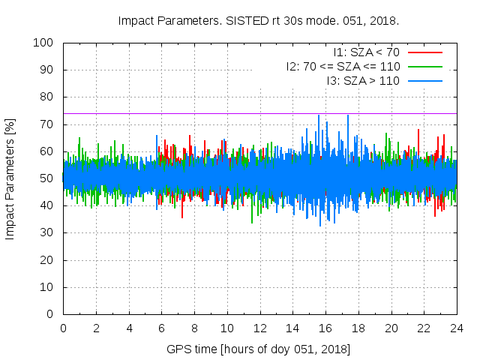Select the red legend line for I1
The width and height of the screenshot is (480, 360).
[x=425, y=52]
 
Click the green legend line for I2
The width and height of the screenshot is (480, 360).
[x=425, y=67]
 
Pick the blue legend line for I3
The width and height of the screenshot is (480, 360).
[x=425, y=81]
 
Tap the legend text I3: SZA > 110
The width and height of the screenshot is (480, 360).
[x=363, y=81]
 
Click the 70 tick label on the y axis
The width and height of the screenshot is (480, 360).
[x=47, y=124]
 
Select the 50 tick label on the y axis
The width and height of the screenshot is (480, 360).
[x=47, y=178]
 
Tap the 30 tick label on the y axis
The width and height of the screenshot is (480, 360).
[x=47, y=232]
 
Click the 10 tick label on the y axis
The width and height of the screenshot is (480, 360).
[x=47, y=286]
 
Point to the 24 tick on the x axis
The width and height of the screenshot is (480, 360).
[x=457, y=328]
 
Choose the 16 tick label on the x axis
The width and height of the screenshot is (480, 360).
[x=325, y=328]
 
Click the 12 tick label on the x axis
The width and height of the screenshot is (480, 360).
[x=259, y=328]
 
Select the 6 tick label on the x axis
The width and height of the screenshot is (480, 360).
[x=161, y=328]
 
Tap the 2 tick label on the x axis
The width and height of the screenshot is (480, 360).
[x=96, y=328]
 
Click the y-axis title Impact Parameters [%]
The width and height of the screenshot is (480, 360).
[x=10, y=178]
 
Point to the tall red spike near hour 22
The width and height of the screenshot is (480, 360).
[x=418, y=130]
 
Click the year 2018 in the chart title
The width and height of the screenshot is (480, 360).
[x=388, y=20]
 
